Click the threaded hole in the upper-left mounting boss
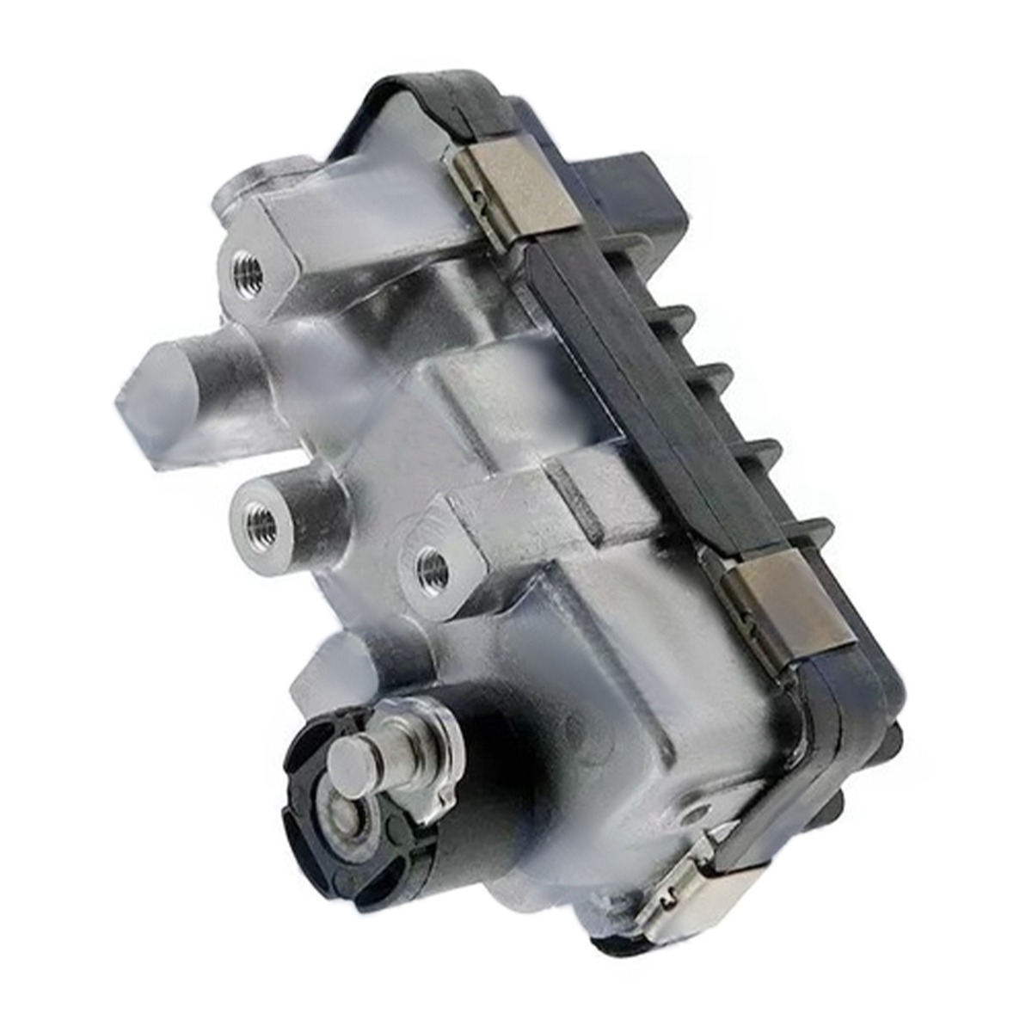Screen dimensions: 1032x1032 242,273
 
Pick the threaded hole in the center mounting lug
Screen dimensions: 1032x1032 429,565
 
